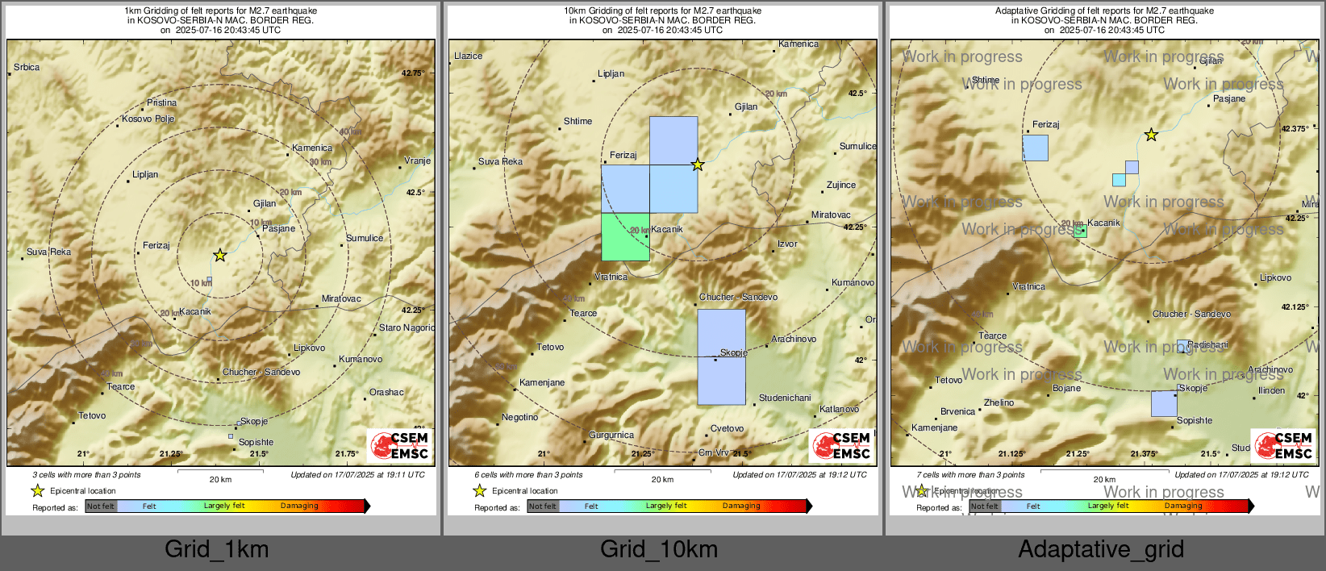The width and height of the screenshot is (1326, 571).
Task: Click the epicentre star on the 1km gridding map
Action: pos(220,256)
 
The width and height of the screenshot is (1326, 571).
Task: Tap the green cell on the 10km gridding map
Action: pos(625,236)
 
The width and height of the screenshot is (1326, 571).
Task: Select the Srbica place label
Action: pos(27,68)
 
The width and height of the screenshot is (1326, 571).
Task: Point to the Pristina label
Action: pos(161,103)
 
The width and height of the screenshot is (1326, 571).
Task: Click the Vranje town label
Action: pos(417,161)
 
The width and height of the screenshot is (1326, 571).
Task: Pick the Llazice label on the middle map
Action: pos(469,56)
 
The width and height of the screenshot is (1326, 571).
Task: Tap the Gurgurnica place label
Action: pos(611,436)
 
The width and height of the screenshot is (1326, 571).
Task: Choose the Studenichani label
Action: pos(785,398)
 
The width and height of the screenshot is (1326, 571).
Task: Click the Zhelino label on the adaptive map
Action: pos(999,403)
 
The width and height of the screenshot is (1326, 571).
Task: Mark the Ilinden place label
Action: pos(1271,391)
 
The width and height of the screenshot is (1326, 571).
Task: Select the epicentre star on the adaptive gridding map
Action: pos(1151,135)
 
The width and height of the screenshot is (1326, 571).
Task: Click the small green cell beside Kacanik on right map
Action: pos(1081,231)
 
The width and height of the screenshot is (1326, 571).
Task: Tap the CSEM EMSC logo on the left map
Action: pos(400,445)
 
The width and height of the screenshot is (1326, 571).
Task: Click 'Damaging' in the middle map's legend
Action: pos(741,506)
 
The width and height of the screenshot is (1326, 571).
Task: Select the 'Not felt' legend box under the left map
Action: pos(101,506)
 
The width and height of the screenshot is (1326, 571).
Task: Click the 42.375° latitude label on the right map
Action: pos(1295,129)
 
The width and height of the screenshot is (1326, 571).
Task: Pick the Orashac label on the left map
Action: pos(386,393)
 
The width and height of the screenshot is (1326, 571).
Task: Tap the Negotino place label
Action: pos(519,418)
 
